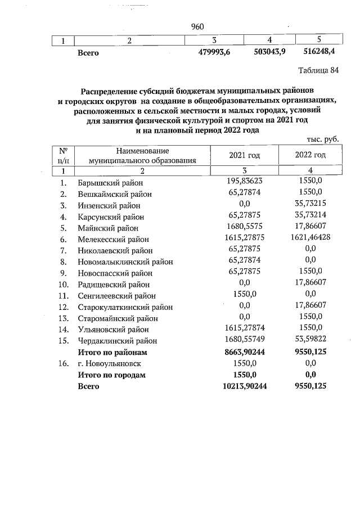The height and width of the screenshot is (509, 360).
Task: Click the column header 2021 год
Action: tap(244, 155)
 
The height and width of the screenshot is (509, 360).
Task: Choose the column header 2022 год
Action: tap(310, 155)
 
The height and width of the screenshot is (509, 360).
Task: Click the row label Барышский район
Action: tap(110, 183)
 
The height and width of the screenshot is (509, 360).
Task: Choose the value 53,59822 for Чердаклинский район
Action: tap(311, 340)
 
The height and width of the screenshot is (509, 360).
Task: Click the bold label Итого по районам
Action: tap(112, 352)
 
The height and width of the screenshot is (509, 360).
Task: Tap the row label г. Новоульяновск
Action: tap(109, 363)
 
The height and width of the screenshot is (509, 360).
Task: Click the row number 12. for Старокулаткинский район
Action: tap(65, 307)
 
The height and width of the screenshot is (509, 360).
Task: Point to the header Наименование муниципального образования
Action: tap(142, 155)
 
